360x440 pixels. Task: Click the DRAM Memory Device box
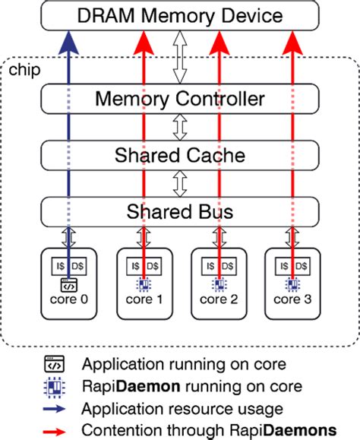point(181,15)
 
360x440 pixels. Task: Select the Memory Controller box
point(179,99)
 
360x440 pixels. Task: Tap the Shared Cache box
point(179,156)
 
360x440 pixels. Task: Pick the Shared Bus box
point(179,210)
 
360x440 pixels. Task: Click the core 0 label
point(69,299)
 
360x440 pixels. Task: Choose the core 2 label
point(218,299)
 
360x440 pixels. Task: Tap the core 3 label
point(292,299)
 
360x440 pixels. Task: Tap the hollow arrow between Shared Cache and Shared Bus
point(180,183)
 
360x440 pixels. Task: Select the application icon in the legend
point(55,362)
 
